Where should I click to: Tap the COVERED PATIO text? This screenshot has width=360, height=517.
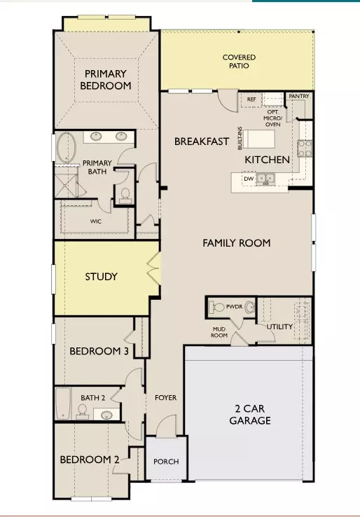239,62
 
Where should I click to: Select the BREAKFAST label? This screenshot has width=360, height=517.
202,142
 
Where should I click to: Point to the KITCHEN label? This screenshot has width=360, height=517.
267,160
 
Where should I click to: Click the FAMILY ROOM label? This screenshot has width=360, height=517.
236,243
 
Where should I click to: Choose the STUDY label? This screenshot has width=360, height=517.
101,277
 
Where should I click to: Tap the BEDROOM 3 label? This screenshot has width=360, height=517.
98,352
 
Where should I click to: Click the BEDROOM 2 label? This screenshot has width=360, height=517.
89,460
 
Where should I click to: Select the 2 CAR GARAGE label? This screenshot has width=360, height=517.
250,415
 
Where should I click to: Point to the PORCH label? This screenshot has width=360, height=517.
166,462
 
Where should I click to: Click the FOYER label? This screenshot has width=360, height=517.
166,398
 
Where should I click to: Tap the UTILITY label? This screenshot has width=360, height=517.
279,326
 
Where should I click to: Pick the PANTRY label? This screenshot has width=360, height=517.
298,97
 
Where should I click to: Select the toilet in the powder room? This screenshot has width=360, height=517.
218,307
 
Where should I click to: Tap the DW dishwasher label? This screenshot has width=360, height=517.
247,179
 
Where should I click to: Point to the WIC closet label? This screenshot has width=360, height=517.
96,221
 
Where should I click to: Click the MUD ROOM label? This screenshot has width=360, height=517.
221,331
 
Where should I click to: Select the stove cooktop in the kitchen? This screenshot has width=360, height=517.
305,148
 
